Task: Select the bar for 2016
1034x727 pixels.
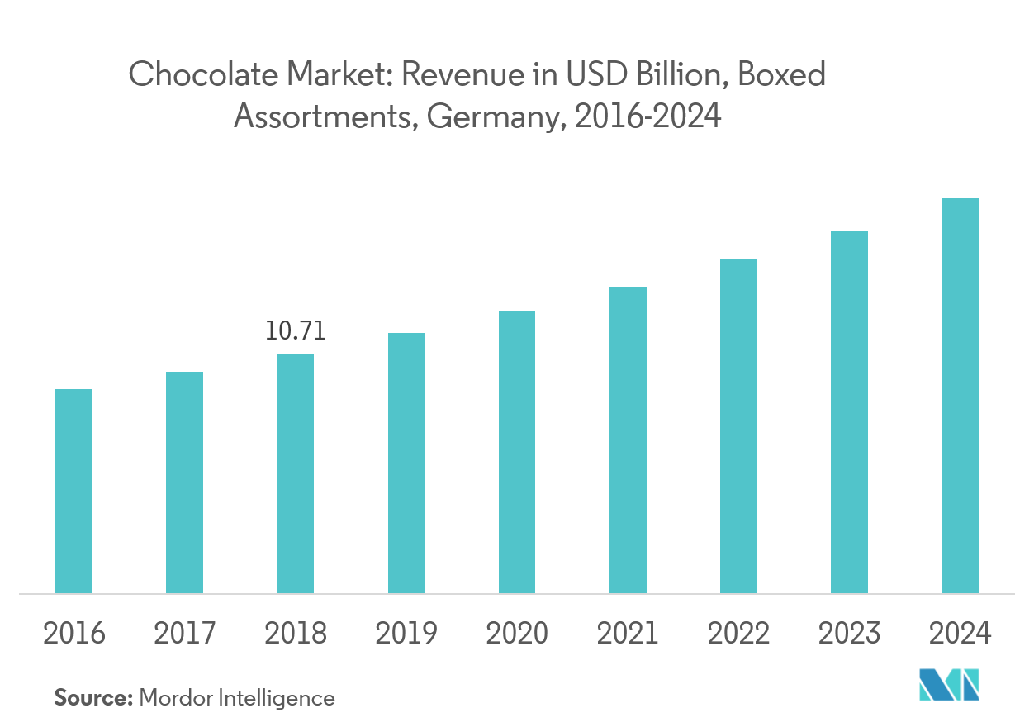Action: click(x=74, y=491)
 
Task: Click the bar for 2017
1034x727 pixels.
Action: click(x=184, y=482)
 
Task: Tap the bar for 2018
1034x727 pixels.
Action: click(x=295, y=473)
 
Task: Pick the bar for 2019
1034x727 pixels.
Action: click(x=406, y=463)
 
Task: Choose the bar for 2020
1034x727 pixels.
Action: click(x=517, y=452)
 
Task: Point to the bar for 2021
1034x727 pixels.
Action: click(x=628, y=440)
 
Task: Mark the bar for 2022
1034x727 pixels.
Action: click(x=738, y=426)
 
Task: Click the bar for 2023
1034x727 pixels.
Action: click(x=849, y=412)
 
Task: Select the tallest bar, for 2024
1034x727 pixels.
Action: click(x=960, y=396)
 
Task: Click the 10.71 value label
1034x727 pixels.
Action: click(x=295, y=332)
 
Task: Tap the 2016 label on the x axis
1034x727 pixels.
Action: click(x=74, y=634)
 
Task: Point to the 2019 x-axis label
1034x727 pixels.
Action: click(x=406, y=634)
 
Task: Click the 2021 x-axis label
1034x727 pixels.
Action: click(x=628, y=634)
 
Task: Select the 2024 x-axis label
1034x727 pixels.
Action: click(x=960, y=634)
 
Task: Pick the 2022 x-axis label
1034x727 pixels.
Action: click(x=738, y=634)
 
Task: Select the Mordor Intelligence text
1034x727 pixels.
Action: click(x=237, y=698)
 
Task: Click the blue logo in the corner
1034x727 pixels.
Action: click(x=949, y=686)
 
